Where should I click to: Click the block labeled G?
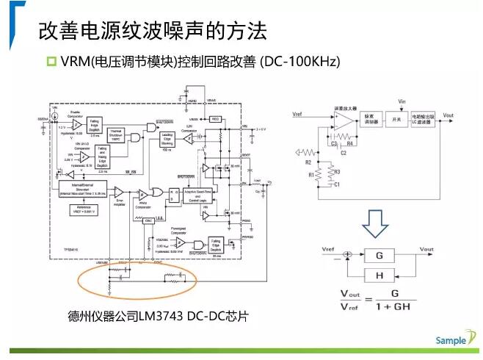point(379,256)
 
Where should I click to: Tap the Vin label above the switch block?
point(402,101)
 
